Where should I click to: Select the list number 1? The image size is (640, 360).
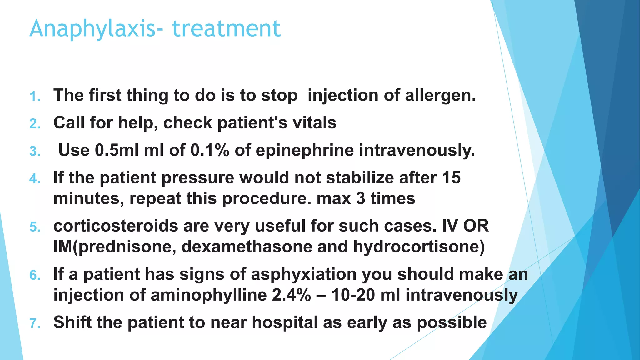[35, 97]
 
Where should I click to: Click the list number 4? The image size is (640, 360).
[35, 179]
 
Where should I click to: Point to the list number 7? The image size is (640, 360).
[35, 324]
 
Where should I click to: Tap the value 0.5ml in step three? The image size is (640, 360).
[116, 150]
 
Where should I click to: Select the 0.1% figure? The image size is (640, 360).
[210, 150]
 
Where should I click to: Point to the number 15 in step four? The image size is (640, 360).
[451, 177]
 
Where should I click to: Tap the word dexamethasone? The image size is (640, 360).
[247, 247]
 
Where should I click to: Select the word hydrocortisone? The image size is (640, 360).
[419, 247]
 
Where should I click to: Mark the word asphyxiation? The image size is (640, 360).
[303, 275]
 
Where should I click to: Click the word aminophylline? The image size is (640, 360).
[208, 295]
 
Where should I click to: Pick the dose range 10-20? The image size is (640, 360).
[353, 295]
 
